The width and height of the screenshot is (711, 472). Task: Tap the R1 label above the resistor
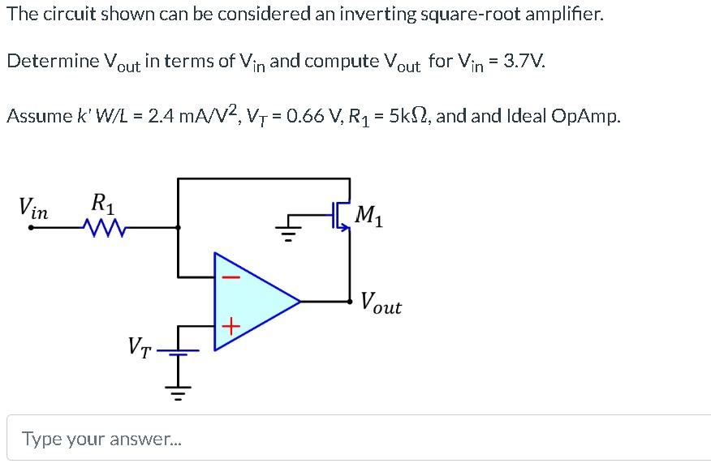pos(103,202)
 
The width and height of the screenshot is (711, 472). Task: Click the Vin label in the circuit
pos(33,209)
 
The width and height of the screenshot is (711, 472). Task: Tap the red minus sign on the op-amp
pos(231,277)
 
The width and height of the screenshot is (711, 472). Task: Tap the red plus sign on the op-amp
pos(231,327)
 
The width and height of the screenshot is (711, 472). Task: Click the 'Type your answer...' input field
pos(357,439)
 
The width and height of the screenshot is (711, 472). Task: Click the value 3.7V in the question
pos(524,62)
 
